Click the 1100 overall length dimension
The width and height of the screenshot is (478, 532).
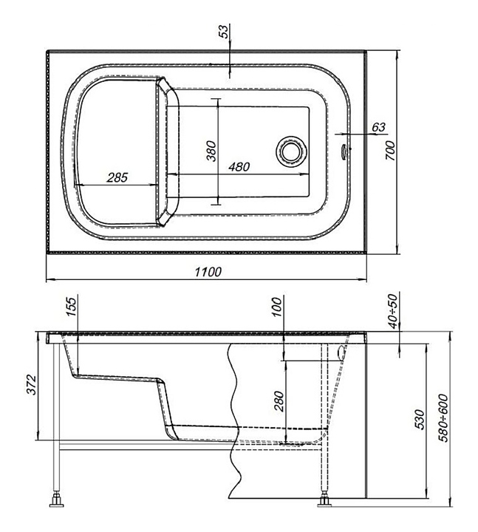click(x=208, y=272)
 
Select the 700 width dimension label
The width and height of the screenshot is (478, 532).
click(x=390, y=151)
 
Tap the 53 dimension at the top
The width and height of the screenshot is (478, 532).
click(x=225, y=32)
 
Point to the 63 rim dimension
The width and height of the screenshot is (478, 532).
click(x=378, y=127)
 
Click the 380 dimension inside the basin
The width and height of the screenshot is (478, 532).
click(x=211, y=151)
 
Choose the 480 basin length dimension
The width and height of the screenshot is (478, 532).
click(x=239, y=167)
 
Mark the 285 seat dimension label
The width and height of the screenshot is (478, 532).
click(x=117, y=177)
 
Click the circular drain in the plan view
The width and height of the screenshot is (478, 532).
click(x=291, y=150)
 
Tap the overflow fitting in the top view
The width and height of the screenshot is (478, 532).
click(x=344, y=149)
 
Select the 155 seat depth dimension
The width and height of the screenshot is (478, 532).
click(x=72, y=307)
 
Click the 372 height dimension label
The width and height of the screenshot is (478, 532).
click(x=31, y=385)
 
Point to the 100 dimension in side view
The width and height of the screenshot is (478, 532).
click(x=277, y=307)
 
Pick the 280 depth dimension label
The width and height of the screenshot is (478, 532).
click(x=279, y=401)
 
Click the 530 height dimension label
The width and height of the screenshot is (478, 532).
click(x=420, y=420)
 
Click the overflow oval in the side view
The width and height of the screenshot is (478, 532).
click(x=341, y=352)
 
